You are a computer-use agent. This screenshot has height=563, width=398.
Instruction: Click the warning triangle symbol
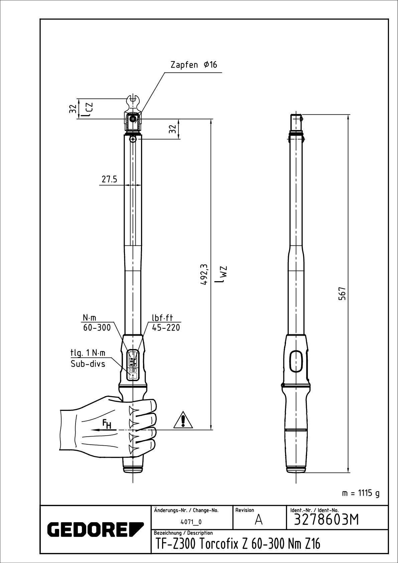pyautogui.click(x=183, y=420)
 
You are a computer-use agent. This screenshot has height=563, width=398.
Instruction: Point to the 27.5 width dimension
pyautogui.click(x=109, y=179)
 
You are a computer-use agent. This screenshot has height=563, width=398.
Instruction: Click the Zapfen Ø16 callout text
pyautogui.click(x=194, y=65)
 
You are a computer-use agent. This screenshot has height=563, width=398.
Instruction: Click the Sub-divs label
pyautogui.click(x=88, y=364)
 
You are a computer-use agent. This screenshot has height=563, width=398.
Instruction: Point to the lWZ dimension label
pyautogui.click(x=221, y=274)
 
